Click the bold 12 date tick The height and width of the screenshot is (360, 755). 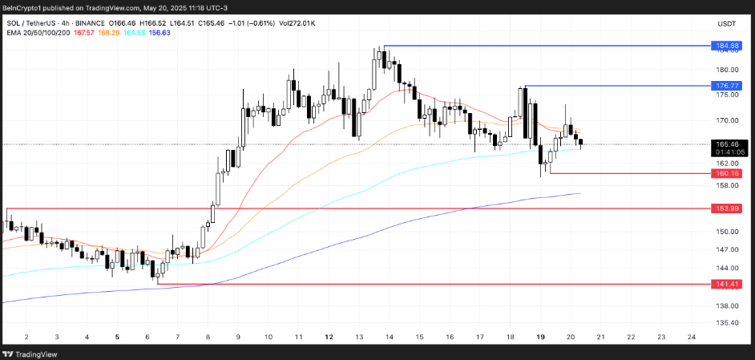[328, 338]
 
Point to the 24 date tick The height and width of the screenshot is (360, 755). [691, 338]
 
